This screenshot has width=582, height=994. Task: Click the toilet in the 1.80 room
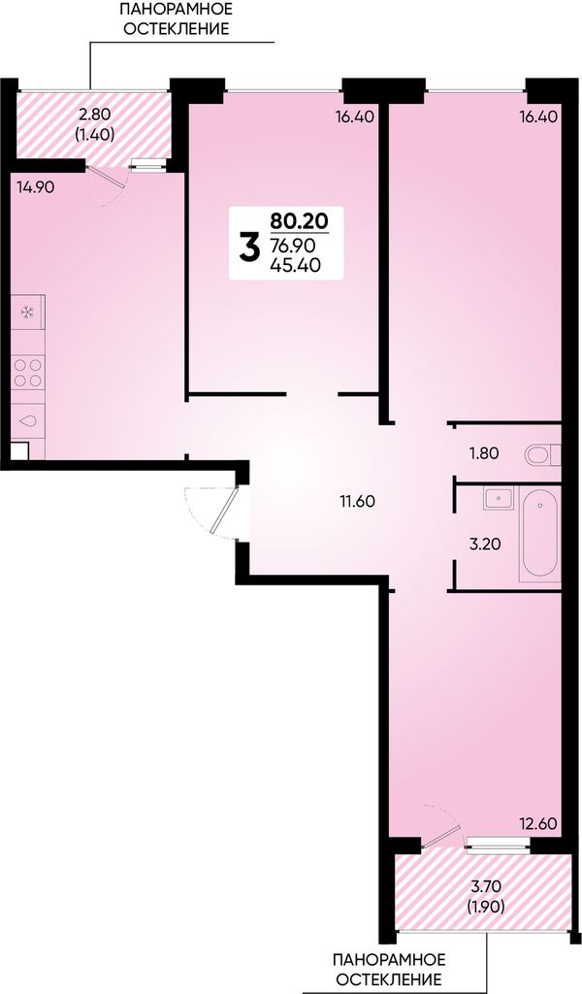(543, 454)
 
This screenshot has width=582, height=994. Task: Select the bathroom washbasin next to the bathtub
(500, 498)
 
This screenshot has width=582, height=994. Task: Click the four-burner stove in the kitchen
(28, 372)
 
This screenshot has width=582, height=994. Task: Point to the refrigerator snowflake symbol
(27, 312)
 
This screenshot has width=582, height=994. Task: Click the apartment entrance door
(223, 511)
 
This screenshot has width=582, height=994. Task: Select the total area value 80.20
(299, 221)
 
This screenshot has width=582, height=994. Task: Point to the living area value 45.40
(295, 265)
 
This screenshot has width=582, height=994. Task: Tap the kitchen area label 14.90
(36, 187)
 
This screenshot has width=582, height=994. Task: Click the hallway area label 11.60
(357, 502)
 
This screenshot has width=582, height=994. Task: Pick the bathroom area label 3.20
(481, 544)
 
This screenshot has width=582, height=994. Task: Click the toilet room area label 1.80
(484, 453)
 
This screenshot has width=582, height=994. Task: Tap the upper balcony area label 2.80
(94, 115)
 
